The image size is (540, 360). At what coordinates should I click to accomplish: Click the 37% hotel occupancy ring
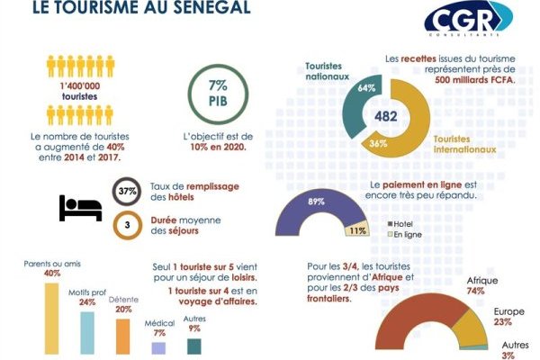coord(127,192)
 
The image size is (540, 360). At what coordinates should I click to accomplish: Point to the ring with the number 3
coord(127,223)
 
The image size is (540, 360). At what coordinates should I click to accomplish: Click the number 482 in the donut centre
coord(385,116)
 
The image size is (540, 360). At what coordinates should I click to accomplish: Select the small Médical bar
coord(158,347)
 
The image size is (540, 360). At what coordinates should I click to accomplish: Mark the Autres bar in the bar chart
coord(193,346)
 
